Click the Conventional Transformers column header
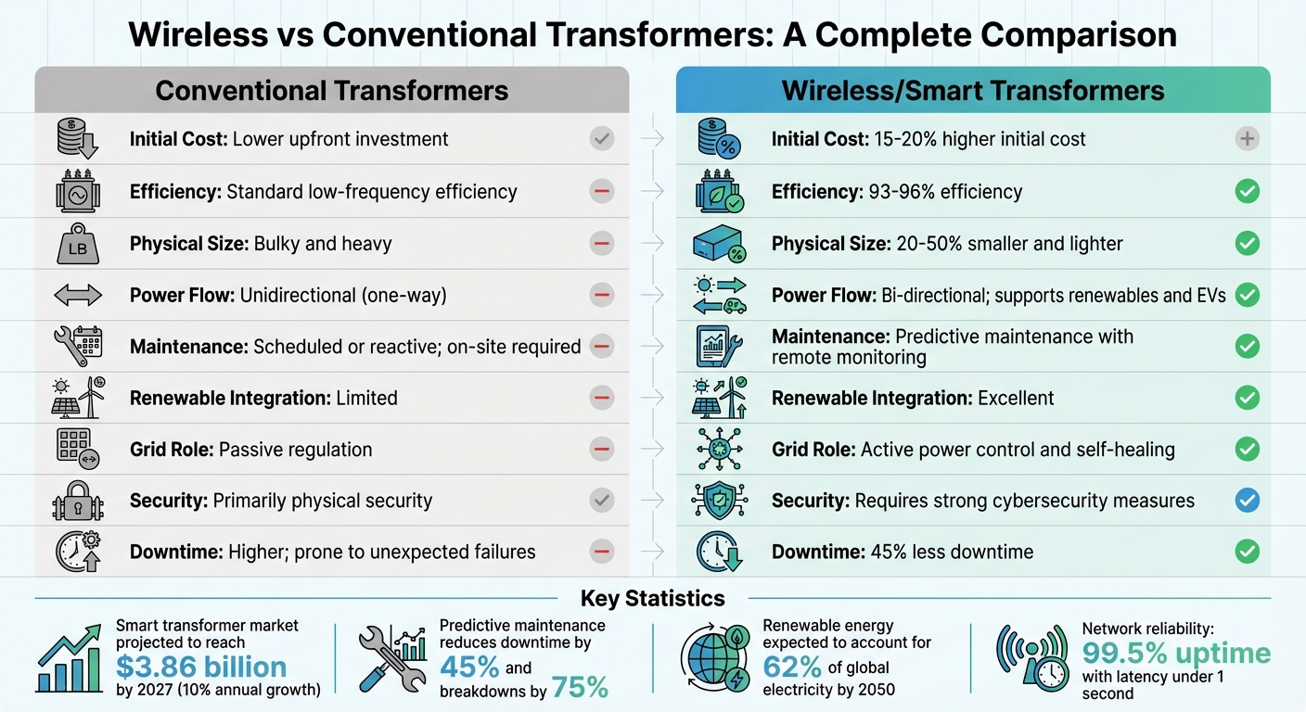[x=331, y=90]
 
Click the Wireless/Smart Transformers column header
[x=973, y=90]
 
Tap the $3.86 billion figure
[x=201, y=667]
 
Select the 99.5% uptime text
[x=1175, y=653]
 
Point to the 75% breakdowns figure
[x=580, y=687]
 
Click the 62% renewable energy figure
[x=792, y=667]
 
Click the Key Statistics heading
[x=652, y=598]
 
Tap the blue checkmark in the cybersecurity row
[x=1248, y=501]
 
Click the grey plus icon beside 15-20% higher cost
[x=1248, y=139]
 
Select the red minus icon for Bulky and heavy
[x=602, y=244]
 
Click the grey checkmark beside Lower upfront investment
[x=602, y=139]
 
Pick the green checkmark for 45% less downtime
[x=1248, y=552]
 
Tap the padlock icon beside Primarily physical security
[x=77, y=502]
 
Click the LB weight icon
[x=77, y=245]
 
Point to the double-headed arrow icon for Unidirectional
[x=77, y=296]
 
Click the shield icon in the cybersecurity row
[x=720, y=502]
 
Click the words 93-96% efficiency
[x=959, y=192]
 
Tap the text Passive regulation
[x=296, y=450]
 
